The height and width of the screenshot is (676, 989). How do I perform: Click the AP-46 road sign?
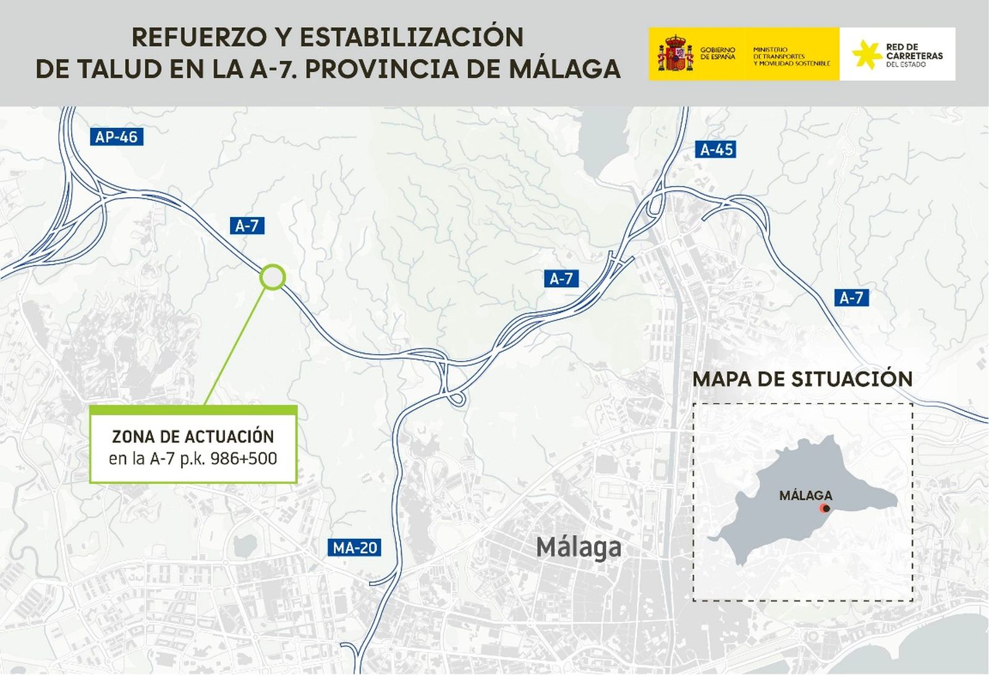[x=116, y=137]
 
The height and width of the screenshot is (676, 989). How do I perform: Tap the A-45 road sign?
[x=716, y=150]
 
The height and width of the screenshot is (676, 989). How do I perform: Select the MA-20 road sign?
[x=355, y=547]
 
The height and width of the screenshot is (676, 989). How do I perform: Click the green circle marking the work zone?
[x=272, y=277]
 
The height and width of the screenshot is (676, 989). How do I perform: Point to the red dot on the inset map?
[x=825, y=509]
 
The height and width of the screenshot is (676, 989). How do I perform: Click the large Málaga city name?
[x=579, y=547]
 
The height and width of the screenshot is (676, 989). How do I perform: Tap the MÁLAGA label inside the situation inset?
[x=805, y=496]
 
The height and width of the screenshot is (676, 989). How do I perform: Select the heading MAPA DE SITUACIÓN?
[x=802, y=379]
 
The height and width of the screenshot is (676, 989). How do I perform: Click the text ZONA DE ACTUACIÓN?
[x=193, y=437]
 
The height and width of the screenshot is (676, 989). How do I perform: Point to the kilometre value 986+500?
[x=244, y=458]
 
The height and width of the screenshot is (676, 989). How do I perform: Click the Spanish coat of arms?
[x=675, y=54]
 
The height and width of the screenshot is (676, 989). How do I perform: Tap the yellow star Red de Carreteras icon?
[x=866, y=54]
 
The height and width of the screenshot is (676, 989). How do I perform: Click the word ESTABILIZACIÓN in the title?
[x=411, y=38]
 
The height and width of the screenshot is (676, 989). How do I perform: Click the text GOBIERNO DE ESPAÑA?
[x=718, y=53]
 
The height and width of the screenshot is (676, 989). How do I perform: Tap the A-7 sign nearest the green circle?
[x=247, y=226]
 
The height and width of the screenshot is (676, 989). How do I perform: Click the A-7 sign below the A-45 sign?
[x=561, y=279]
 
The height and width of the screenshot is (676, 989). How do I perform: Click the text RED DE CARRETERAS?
[x=914, y=51]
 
